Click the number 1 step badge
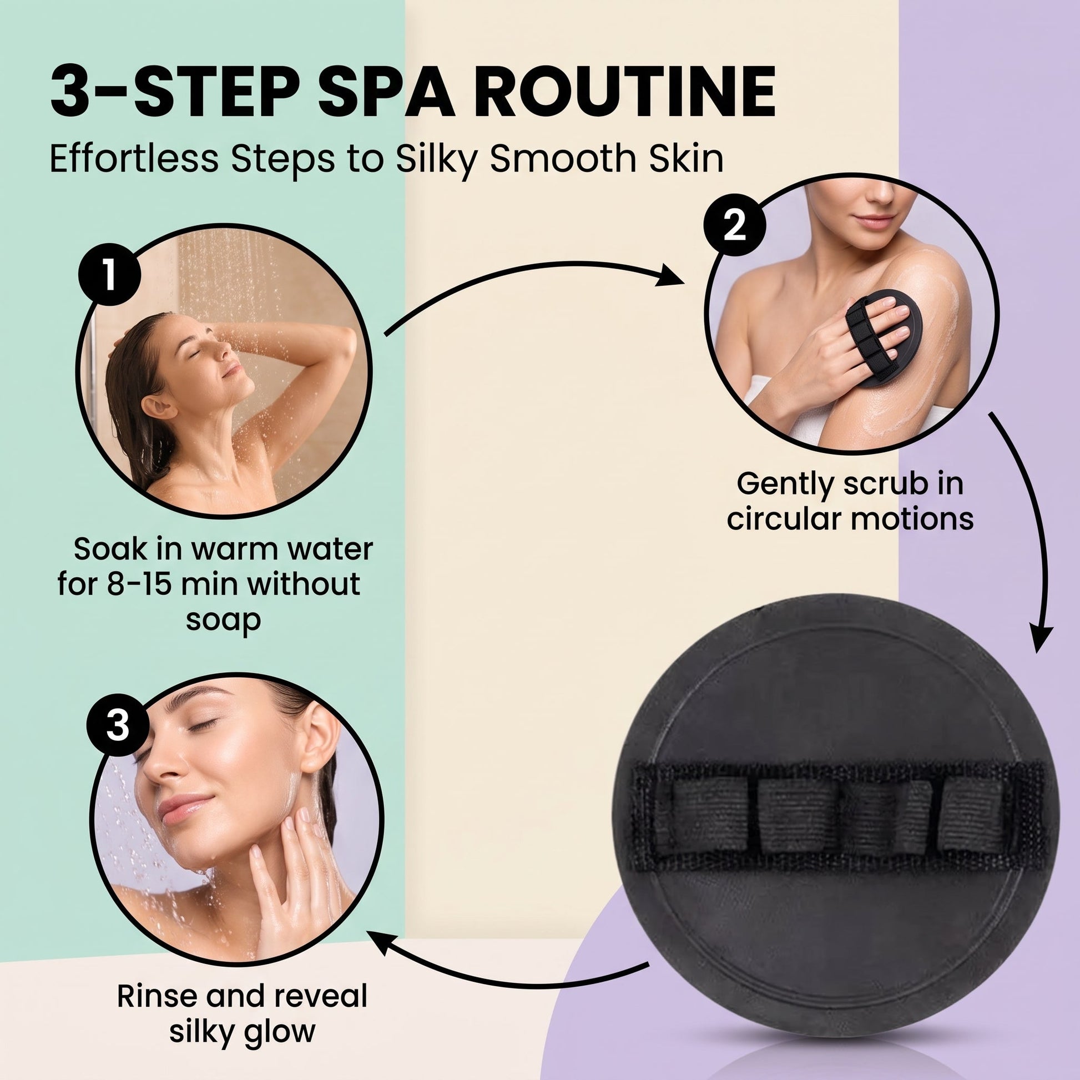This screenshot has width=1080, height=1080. [x=109, y=275]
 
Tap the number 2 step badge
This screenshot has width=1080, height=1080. [x=735, y=228]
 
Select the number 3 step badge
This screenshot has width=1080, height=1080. [x=118, y=726]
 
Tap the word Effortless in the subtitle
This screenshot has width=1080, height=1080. [x=134, y=158]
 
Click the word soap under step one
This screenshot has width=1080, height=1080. [x=223, y=620]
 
